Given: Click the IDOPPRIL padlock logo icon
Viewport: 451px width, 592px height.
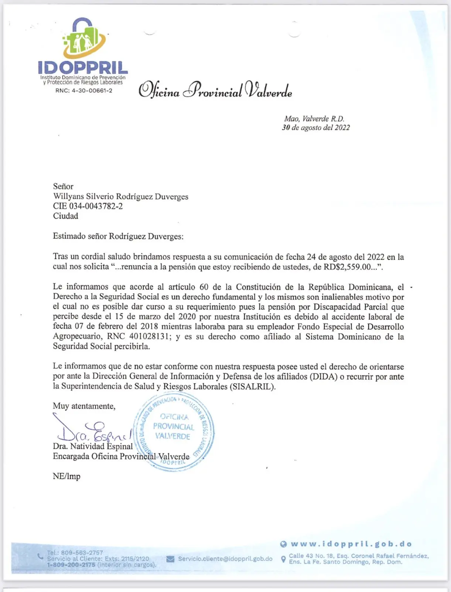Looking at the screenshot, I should click(x=84, y=38).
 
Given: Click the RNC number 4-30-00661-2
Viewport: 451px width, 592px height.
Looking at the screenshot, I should click(x=84, y=91).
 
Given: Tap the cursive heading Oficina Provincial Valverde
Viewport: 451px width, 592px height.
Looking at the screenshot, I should click(x=215, y=90).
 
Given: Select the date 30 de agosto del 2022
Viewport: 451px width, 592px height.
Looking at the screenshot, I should click(x=316, y=128).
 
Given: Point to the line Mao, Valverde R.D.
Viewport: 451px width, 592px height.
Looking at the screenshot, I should click(x=314, y=119).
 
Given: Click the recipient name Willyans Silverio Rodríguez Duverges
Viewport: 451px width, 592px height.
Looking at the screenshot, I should click(x=120, y=196).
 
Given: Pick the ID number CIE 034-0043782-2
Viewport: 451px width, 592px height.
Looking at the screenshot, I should click(x=88, y=206).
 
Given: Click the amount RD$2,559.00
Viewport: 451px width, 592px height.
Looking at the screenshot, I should click(x=347, y=267).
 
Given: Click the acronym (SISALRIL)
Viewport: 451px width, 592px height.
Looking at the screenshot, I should click(x=252, y=387).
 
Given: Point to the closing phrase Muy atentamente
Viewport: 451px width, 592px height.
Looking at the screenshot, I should click(x=84, y=406).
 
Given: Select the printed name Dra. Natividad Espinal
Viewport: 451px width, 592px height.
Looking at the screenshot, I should click(x=93, y=447).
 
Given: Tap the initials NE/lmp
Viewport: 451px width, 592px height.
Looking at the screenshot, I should click(x=66, y=476).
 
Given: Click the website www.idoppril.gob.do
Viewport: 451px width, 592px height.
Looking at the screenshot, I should click(x=351, y=544).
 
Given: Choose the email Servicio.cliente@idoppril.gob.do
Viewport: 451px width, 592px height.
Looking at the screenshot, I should click(x=225, y=559).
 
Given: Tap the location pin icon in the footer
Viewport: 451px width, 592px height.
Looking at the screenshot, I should click(x=283, y=559).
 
